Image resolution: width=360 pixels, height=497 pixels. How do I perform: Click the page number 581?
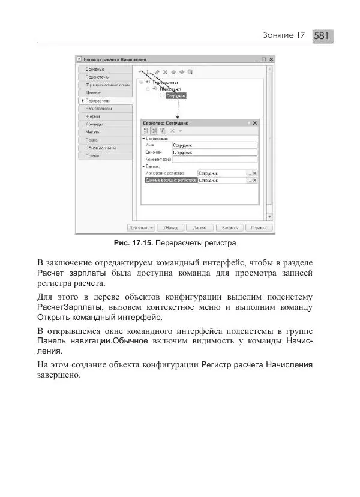pos(322,36)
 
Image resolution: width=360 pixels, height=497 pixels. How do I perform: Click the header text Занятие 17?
pos(285,36)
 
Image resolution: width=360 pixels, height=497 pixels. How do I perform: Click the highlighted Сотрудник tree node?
pos(176,95)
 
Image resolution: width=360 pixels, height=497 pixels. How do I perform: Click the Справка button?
pos(259,228)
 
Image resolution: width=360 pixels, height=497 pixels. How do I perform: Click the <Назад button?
pos(170,228)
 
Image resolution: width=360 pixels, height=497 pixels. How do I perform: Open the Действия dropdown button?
pos(141,228)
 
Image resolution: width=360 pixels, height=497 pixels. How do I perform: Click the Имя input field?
pos(214,145)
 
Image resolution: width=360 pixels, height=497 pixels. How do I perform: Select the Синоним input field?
pos(214,153)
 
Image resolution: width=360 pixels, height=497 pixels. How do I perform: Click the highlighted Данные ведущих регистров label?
pos(171,180)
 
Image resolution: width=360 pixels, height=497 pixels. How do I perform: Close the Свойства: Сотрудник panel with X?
pos(255,122)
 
